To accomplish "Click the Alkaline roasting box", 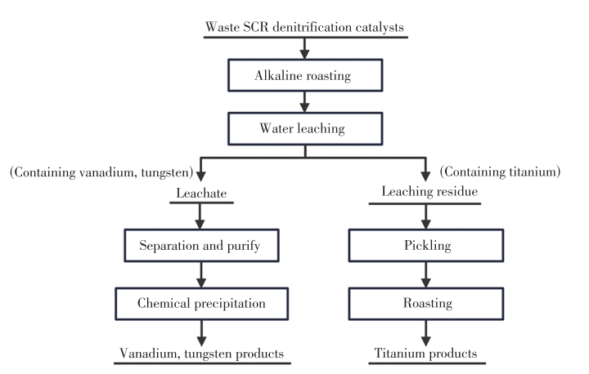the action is pyautogui.click(x=305, y=75).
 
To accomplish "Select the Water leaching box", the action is pyautogui.click(x=305, y=128).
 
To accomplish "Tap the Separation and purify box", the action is pyautogui.click(x=201, y=245).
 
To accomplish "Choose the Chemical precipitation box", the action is pyautogui.click(x=202, y=304).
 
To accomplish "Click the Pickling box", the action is pyautogui.click(x=426, y=245).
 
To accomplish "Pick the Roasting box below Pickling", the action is pyautogui.click(x=426, y=304).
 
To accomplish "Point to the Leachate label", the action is pyautogui.click(x=201, y=194).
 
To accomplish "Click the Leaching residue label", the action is pyautogui.click(x=429, y=191).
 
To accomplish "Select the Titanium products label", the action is pyautogui.click(x=425, y=354).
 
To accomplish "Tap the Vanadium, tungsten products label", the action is pyautogui.click(x=202, y=354).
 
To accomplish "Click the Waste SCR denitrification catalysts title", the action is pyautogui.click(x=304, y=27).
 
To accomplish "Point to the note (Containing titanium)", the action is pyautogui.click(x=500, y=171).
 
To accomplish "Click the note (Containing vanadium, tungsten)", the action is pyautogui.click(x=101, y=172).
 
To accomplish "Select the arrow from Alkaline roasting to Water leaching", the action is pyautogui.click(x=304, y=101).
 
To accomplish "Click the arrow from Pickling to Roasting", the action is pyautogui.click(x=425, y=274).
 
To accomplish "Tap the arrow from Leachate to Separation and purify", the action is pyautogui.click(x=200, y=216).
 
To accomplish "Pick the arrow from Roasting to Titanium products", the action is pyautogui.click(x=425, y=333).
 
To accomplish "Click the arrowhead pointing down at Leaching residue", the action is pyautogui.click(x=425, y=176).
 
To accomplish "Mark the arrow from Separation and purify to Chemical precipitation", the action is pyautogui.click(x=201, y=274).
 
